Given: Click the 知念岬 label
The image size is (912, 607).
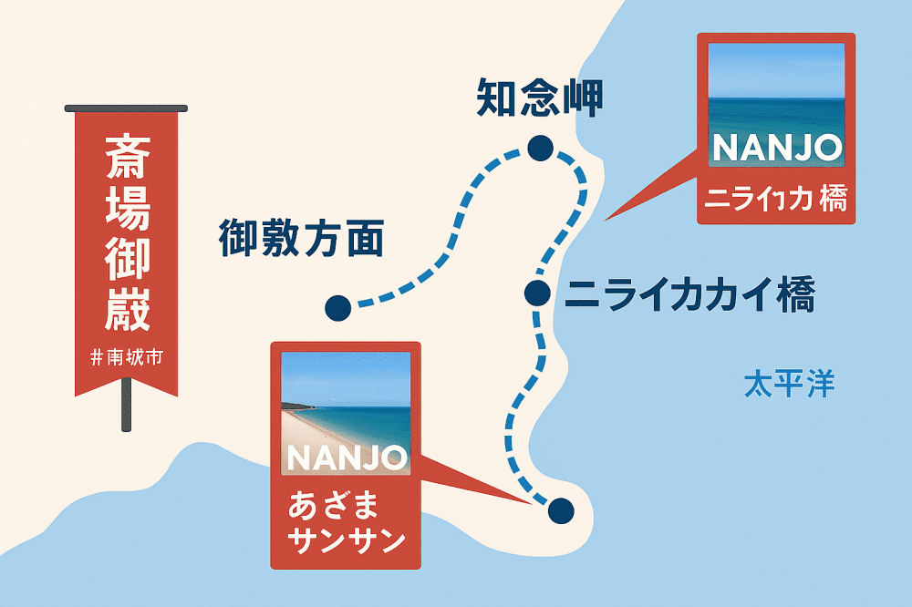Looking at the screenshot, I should (539, 99).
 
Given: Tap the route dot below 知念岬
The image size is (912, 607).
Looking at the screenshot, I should (541, 148).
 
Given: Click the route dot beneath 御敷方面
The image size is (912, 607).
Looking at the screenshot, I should (337, 308).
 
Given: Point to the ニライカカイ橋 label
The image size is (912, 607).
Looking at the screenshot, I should (689, 295).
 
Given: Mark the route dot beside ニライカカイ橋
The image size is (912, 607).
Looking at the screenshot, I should (537, 293).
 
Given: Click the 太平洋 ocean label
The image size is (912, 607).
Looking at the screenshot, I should (789, 384).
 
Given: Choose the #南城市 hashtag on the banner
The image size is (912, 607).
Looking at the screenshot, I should (127, 358).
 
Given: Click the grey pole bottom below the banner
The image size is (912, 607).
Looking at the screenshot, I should (127, 419).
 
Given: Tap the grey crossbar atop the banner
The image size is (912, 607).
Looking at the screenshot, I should (127, 108).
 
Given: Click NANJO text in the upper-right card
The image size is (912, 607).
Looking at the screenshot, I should (775, 149).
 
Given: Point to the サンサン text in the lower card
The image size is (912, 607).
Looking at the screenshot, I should (346, 540).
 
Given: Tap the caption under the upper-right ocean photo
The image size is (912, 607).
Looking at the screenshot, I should (775, 199).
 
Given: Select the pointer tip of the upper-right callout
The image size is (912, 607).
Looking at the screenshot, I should (606, 219).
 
